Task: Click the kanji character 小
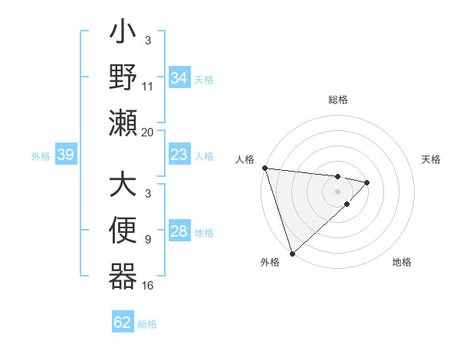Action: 123,34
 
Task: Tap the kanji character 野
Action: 123,78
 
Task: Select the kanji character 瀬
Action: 123,123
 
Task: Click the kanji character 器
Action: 123,276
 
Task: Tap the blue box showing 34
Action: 179,78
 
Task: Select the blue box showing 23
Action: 179,155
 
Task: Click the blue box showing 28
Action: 179,232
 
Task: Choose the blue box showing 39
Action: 65,155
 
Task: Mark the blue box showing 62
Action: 123,322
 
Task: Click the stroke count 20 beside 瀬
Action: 148,132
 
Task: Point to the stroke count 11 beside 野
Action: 148,87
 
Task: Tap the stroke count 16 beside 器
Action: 148,286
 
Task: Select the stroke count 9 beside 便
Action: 148,241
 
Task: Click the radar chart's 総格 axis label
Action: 338,100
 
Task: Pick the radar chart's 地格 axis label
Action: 402,262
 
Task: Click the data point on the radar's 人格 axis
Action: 264,168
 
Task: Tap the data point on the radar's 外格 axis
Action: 292,253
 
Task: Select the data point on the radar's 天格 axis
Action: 367,182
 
